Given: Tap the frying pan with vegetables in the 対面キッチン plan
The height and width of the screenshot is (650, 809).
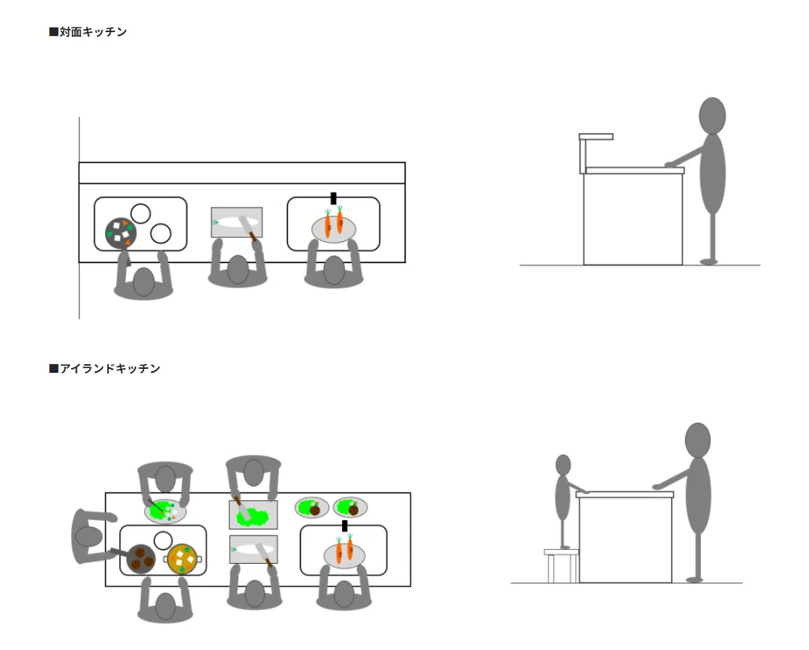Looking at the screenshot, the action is point(121,233).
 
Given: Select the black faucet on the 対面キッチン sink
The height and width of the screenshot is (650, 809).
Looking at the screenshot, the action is point(334,198).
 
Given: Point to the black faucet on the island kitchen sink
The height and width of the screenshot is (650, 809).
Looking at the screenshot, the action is point(345,525).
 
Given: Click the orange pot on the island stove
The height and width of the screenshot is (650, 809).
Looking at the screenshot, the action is point(182,559).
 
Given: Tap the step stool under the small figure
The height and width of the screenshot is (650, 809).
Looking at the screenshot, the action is point(561,566).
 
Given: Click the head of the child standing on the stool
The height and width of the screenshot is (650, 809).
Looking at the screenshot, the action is point(563,465).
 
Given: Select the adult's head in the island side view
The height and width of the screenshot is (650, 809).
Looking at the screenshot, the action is point(698,440).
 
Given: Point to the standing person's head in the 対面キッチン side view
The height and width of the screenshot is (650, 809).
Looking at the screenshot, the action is point(712,116).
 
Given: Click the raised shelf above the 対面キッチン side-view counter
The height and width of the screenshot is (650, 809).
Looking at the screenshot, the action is point(596,137).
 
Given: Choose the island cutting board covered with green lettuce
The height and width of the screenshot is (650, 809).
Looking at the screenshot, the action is point(253,515).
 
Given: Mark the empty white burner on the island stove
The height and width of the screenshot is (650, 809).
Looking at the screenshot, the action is point(163,540).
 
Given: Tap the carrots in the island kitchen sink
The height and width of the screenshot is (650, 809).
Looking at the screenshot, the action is point(344,550).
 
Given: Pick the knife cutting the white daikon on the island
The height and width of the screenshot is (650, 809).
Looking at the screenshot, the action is point(264,554).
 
